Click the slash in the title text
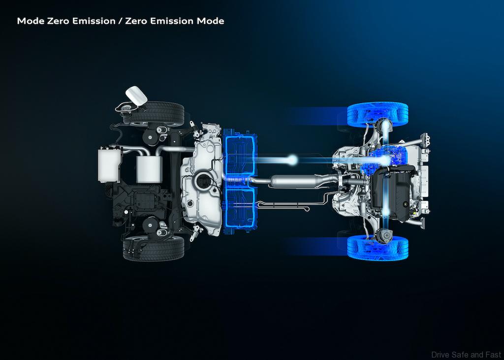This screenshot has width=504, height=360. pos(120,21)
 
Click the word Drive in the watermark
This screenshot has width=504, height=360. pos(440,355)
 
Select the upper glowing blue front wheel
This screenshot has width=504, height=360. pos(378,115)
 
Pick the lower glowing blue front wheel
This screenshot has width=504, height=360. pos(378,248)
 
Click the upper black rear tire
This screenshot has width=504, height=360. pos(154,114)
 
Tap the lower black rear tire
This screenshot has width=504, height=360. pos(154,248)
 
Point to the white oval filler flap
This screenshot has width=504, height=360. pos(136,96)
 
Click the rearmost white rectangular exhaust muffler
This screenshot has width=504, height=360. pos(109,164)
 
